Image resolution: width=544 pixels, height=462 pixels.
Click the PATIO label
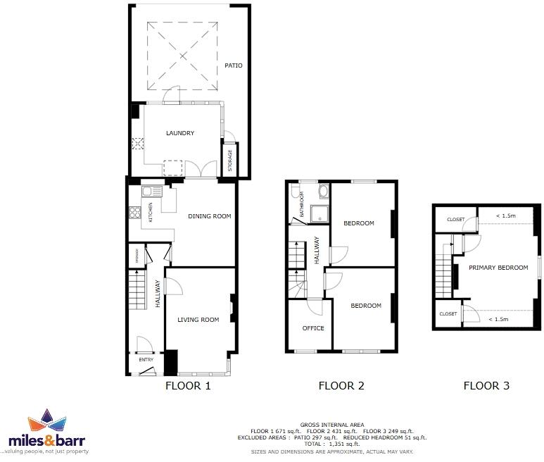tap(233, 65)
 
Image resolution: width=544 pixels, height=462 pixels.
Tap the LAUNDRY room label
tap(179, 133)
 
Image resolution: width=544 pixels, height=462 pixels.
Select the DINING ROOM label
tap(209, 216)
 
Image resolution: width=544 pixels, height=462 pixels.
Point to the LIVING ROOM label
tap(198, 320)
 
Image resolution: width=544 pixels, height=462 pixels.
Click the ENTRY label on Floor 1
tap(146, 360)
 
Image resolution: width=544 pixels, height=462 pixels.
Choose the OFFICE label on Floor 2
tap(313, 328)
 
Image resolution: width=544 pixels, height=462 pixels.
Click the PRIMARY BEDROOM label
tap(498, 268)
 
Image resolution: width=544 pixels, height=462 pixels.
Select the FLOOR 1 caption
tap(187, 385)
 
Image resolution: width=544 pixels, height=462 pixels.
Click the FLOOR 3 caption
tap(486, 385)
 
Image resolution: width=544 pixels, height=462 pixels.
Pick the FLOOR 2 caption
tap(341, 385)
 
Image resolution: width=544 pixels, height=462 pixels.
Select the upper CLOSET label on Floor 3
tap(455, 220)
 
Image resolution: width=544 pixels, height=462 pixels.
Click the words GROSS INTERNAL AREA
tap(331, 425)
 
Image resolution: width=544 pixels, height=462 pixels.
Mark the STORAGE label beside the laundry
tap(229, 160)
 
